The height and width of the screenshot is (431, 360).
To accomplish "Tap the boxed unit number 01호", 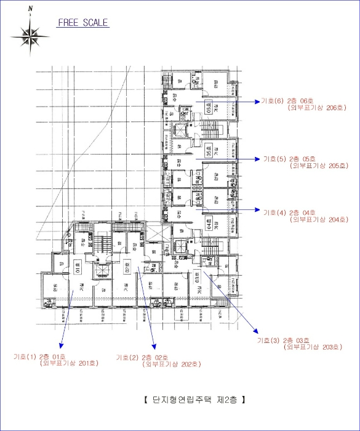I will coord(78,268).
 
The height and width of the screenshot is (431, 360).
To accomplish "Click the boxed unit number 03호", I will coord(198,275).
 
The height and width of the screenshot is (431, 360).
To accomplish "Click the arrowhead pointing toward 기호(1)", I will coord(60,346).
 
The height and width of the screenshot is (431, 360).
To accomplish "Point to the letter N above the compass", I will coord(30,8).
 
